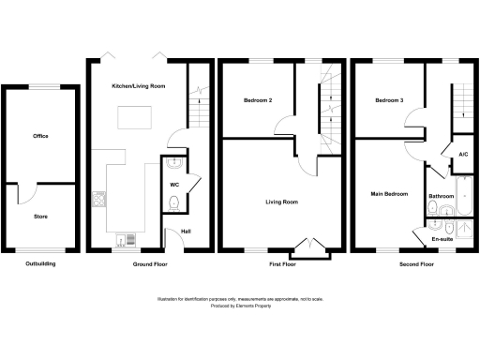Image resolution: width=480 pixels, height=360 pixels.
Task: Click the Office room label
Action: point(40,136)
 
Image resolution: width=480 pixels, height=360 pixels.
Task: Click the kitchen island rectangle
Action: point(131,118)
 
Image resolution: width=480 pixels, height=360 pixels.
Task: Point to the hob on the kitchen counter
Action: point(99,199)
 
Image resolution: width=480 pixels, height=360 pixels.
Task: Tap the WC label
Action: point(174,185)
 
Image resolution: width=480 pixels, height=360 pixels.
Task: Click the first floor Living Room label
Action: point(281,201)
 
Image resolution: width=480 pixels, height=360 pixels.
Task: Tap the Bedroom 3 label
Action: point(388,100)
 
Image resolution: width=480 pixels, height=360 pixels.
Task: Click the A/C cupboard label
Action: point(463,154)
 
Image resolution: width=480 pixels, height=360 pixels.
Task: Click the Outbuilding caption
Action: point(40,264)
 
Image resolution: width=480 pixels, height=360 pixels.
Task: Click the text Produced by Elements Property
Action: point(239,306)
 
